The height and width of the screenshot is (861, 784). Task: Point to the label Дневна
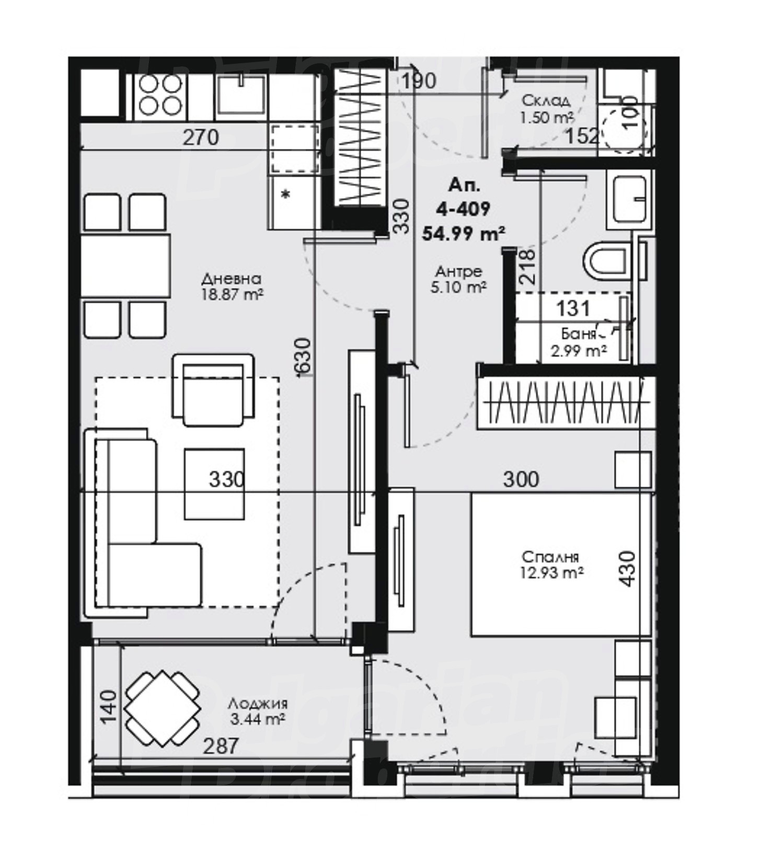click(232, 278)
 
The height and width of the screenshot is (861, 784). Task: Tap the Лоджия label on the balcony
click(258, 704)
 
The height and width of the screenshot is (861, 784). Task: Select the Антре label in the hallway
click(458, 271)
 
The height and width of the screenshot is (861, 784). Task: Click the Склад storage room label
click(546, 100)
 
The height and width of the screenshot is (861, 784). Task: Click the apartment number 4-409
click(463, 209)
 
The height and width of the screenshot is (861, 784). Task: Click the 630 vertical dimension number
click(303, 357)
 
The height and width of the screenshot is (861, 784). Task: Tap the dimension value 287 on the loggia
click(221, 745)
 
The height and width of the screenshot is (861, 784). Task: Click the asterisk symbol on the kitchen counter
click(285, 195)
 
